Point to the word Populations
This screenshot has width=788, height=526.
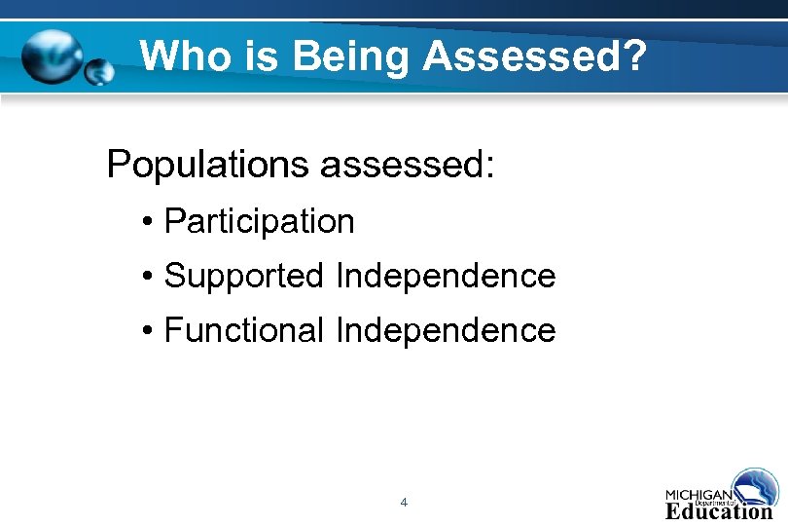[x=208, y=165]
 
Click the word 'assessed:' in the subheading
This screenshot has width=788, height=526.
[x=408, y=165]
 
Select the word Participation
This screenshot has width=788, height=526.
[x=259, y=222]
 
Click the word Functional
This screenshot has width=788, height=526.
[x=243, y=331]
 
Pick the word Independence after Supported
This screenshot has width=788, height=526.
[x=445, y=277]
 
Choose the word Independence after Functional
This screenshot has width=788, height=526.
[x=445, y=331]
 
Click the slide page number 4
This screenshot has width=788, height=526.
[x=404, y=503]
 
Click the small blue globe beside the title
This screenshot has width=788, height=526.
[x=98, y=71]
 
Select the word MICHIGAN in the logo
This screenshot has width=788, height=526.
[x=698, y=492]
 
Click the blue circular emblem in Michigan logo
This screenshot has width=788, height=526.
[x=757, y=487]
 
